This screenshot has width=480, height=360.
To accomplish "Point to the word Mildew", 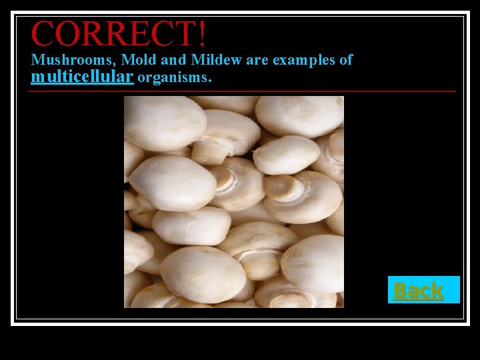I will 217,60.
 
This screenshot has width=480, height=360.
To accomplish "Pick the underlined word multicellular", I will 82,77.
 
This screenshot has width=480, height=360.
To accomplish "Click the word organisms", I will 173,77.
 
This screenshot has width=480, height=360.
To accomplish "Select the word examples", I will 304,60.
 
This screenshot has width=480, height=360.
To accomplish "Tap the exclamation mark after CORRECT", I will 201,33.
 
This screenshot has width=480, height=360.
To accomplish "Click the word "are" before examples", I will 257,60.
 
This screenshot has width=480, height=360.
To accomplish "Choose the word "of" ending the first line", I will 346,60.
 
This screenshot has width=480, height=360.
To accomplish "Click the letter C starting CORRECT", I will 43,33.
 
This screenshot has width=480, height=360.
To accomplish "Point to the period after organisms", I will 210,81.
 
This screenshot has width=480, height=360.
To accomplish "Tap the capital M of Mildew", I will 199,60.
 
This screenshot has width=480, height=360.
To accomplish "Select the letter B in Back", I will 400,290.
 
